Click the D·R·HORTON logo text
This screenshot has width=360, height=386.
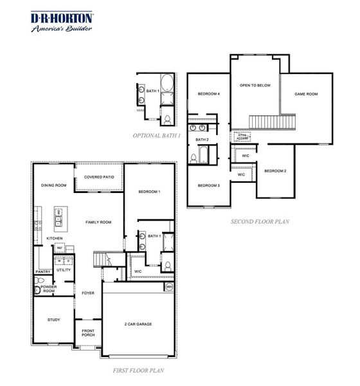point(62,18)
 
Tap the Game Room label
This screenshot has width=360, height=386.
point(306,94)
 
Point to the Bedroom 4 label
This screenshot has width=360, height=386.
point(209,94)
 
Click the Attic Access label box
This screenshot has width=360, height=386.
point(242,136)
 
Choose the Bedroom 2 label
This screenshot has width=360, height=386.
point(275,170)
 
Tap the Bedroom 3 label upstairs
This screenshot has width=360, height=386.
point(209,185)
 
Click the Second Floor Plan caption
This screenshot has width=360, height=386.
point(260,222)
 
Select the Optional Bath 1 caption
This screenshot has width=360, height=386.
point(157,136)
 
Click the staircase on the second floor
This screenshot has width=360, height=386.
point(262,121)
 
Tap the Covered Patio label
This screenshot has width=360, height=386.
point(99,176)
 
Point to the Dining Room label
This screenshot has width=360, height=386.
point(54,185)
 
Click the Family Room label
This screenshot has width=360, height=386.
point(99,222)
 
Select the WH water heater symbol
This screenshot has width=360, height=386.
point(169,287)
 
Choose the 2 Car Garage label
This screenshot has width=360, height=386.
point(138,324)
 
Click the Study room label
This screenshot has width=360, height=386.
point(54,320)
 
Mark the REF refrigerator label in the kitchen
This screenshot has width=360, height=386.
point(59,248)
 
